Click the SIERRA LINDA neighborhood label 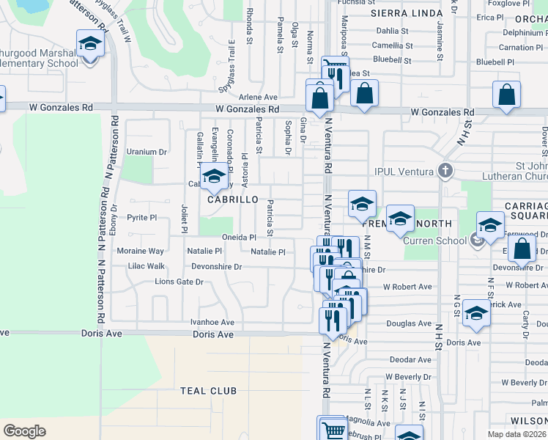tap(407, 13)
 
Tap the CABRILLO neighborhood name tap(233, 199)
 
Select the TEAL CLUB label tap(209, 391)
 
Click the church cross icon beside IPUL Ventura tap(445, 172)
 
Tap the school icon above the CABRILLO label tap(214, 177)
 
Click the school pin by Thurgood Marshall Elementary tap(90, 43)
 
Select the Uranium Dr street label tap(143, 152)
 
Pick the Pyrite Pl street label tap(142, 218)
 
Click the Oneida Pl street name tap(239, 238)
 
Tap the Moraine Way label tap(141, 251)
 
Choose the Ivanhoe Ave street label tap(212, 322)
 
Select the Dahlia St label tap(391, 31)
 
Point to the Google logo tap(24, 430)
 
